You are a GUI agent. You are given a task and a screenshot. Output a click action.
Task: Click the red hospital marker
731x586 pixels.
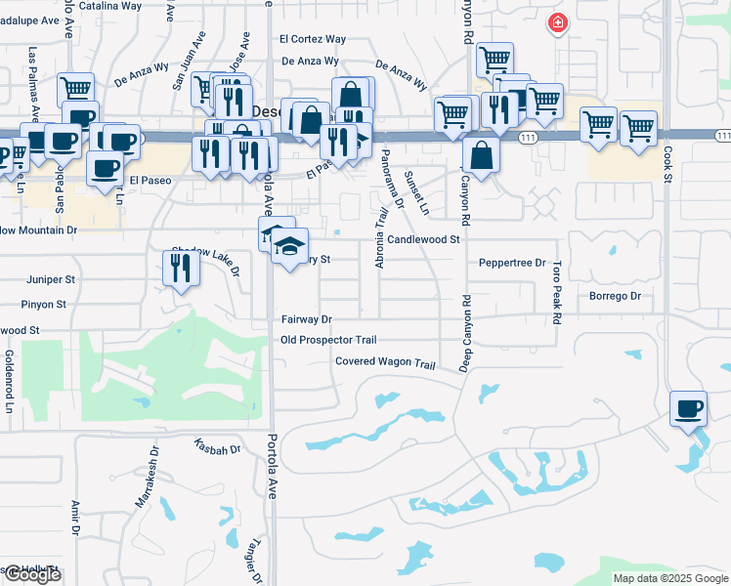point(558,22)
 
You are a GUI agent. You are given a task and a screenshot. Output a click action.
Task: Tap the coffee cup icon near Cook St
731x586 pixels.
point(689,408)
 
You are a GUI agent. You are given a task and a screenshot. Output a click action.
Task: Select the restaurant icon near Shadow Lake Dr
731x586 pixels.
point(181,267)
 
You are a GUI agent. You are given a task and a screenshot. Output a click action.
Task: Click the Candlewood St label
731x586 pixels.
point(423,238)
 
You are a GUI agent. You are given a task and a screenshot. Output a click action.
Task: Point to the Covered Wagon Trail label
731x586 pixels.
point(384,362)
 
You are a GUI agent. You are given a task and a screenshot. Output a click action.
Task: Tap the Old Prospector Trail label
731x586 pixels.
point(327,340)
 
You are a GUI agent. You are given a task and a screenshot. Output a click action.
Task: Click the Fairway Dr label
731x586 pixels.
point(307,319)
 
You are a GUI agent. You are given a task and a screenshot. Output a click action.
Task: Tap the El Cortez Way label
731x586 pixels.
point(313,40)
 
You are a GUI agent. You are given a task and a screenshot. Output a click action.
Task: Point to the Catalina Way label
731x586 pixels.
point(110,6)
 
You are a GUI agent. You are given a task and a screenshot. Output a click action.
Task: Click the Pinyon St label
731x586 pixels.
point(47,305)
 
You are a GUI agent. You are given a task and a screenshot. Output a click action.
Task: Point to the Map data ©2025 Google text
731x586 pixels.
point(669,578)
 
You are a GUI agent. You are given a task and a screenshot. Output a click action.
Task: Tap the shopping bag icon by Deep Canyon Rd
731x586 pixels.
point(482,153)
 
